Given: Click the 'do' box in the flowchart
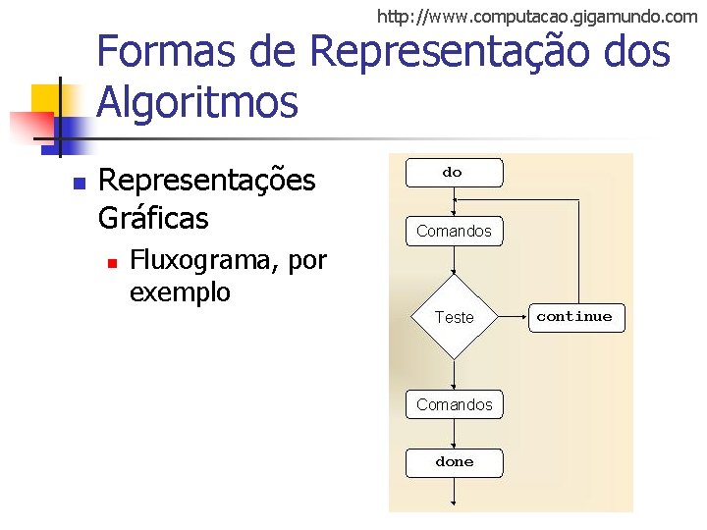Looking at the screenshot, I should [x=453, y=173].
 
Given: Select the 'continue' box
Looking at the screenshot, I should [x=574, y=317].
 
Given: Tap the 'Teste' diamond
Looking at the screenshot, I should [x=454, y=317].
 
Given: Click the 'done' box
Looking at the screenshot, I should [x=454, y=462].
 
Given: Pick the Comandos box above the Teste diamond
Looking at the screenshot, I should [x=454, y=232].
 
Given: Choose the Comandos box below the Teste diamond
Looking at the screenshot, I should [x=454, y=404].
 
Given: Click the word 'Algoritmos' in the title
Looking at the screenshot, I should [x=197, y=102].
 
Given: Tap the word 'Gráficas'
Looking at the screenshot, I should [x=154, y=216].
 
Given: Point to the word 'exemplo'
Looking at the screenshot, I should [x=180, y=291].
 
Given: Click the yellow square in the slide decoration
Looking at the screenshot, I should [x=46, y=98].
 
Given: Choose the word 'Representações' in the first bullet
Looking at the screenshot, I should [x=207, y=181].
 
